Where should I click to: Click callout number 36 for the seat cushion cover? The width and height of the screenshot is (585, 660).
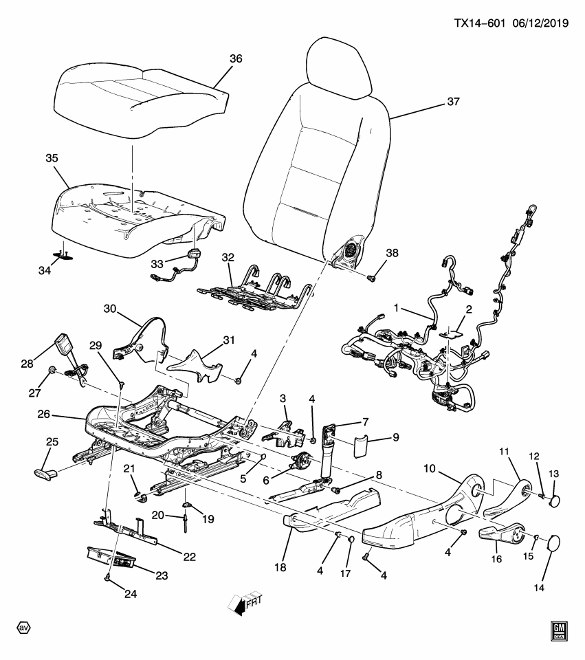pyautogui.click(x=236, y=60)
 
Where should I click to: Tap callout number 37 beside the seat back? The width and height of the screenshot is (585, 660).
pyautogui.click(x=452, y=102)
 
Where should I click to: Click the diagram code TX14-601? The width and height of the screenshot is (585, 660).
pyautogui.click(x=480, y=23)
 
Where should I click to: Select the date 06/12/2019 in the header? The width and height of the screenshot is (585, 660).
pyautogui.click(x=540, y=23)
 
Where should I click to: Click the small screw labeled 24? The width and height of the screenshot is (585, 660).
pyautogui.click(x=109, y=577)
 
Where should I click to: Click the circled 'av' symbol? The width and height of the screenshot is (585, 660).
pyautogui.click(x=23, y=628)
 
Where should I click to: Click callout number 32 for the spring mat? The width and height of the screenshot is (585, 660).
pyautogui.click(x=228, y=258)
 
